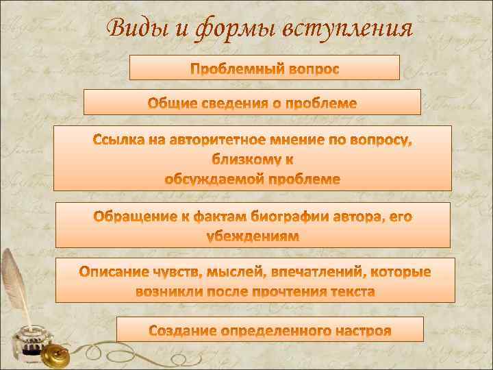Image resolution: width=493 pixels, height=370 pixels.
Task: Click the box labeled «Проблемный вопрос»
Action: [264, 69]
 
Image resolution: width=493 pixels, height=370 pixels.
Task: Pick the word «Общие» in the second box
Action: [171, 104]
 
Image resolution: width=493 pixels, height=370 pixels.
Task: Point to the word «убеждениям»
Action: [253, 236]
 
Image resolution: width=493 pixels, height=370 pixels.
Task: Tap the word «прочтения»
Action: [285, 292]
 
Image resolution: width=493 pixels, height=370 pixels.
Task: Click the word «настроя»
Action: [362, 331]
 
